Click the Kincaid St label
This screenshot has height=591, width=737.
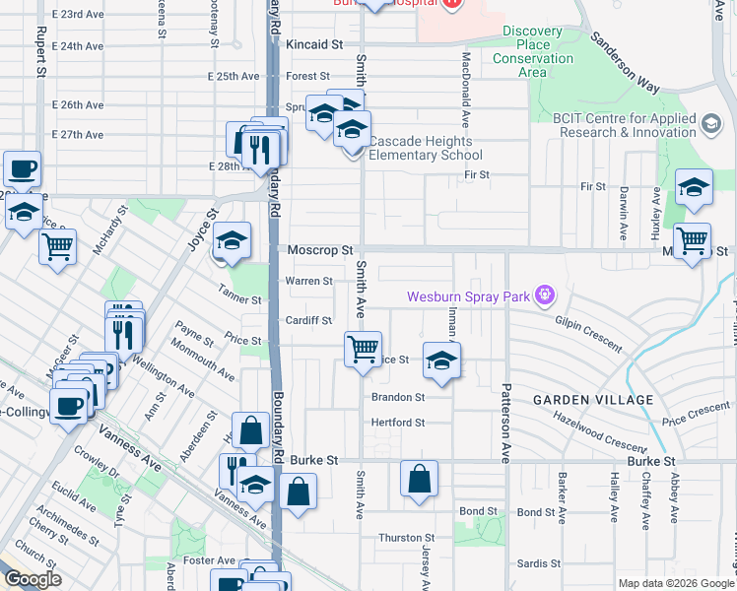coord(313,45)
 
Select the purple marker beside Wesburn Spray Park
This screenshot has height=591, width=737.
coord(543,295)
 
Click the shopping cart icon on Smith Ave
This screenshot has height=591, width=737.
coord(364,349)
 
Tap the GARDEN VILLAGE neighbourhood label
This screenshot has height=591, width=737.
coord(593,400)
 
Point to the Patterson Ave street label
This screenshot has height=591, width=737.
coord(506,394)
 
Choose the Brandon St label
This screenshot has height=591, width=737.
coord(398,398)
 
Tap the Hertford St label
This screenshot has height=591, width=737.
coord(397,423)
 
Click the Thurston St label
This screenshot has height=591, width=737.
coord(407,538)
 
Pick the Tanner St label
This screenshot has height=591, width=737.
coord(241,299)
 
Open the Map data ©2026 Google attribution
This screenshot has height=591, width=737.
coord(675,583)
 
